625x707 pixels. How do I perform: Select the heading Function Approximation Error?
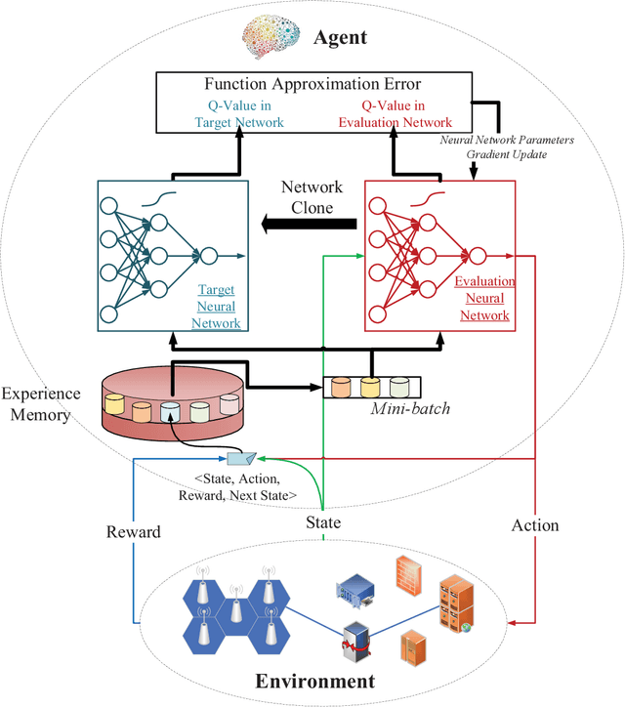(313, 85)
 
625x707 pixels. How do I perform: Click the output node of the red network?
(477, 256)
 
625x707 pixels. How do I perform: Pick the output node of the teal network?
(207, 256)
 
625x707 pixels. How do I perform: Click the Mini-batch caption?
(410, 409)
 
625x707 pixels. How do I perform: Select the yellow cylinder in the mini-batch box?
(369, 387)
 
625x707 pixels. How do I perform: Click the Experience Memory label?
(37, 405)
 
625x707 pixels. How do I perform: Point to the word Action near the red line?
(535, 525)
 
